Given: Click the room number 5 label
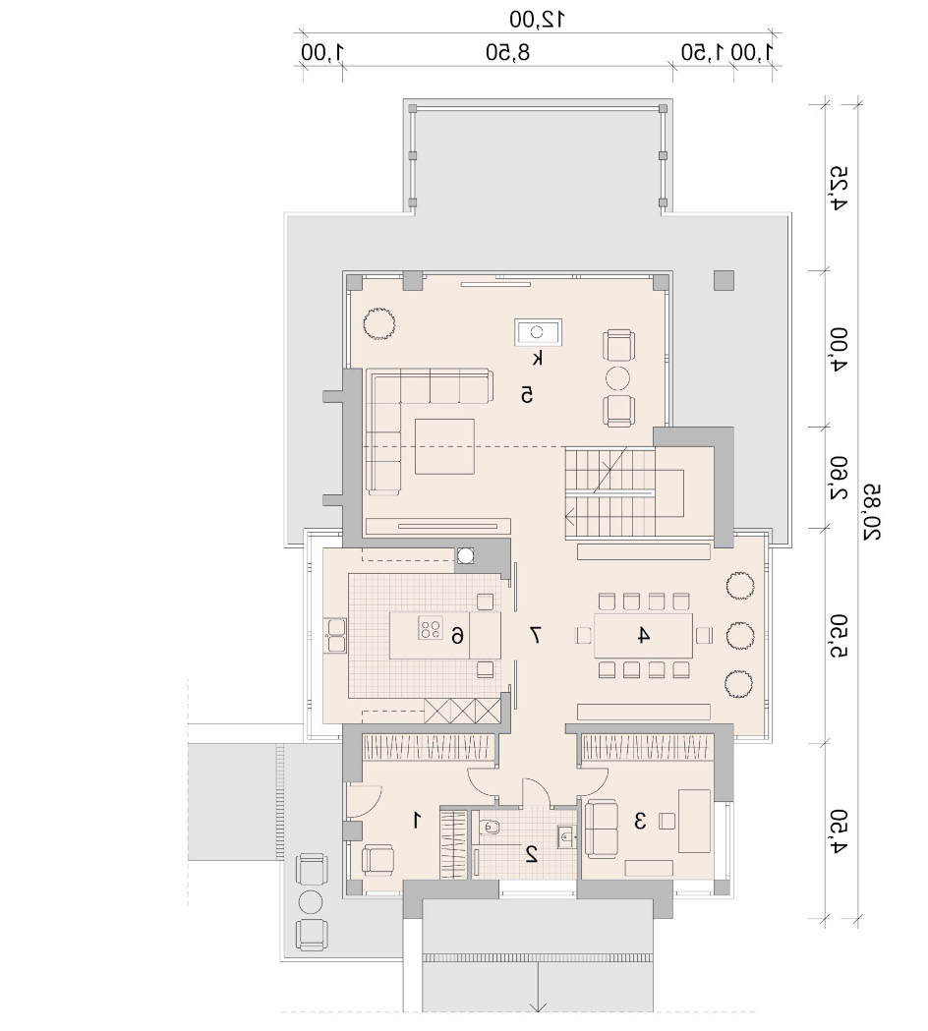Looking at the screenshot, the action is tap(526, 394).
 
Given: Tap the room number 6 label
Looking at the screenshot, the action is tap(457, 635).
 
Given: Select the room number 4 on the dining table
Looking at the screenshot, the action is tap(643, 635).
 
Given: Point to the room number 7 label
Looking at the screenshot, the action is tap(536, 635).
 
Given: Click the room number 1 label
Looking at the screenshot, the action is tap(416, 820).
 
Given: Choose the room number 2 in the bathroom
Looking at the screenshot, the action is tap(532, 853).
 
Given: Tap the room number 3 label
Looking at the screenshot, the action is tap(640, 821).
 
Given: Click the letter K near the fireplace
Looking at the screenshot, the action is tap(538, 359).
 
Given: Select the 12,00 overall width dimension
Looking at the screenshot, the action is tap(538, 19).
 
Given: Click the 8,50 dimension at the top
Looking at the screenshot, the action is tap(507, 52).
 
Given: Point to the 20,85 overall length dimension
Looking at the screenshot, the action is tap(872, 512).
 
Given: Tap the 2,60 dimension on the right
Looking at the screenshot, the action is tap(839, 478).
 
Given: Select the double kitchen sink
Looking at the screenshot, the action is tap(335, 635).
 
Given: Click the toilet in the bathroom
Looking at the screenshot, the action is tap(490, 830).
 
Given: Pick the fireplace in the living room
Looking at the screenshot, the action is tap(538, 332).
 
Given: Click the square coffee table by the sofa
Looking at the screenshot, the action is tap(444, 446).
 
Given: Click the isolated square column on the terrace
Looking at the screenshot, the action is tap(725, 281).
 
